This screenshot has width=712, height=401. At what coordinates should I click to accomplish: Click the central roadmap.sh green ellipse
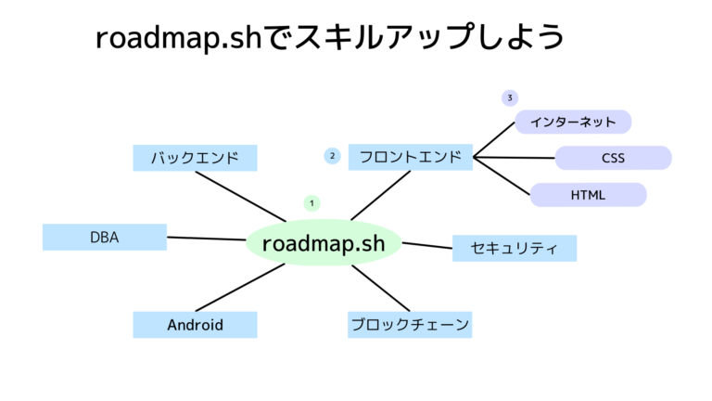[x=324, y=243]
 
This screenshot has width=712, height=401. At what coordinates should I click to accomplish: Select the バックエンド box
[x=195, y=158]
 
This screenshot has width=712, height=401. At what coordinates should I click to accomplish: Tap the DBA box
[x=104, y=237]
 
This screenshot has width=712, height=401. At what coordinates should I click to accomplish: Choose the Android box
[x=195, y=325]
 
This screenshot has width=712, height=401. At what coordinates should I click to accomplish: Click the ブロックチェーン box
[x=410, y=325]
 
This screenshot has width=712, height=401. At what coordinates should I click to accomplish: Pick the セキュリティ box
[x=514, y=248]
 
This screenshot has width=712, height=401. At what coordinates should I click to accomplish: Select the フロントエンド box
[x=411, y=157]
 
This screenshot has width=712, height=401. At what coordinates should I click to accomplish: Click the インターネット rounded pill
[x=573, y=122]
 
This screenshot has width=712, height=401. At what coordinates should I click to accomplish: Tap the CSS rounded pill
[x=613, y=158]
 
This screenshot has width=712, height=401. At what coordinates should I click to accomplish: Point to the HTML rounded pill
[x=588, y=195]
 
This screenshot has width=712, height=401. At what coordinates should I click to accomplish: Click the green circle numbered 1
[x=312, y=202]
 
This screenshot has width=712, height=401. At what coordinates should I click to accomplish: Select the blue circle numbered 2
[x=332, y=156]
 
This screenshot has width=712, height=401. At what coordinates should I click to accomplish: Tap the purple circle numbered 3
[x=509, y=97]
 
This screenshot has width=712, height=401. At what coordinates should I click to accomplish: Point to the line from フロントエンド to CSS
[x=515, y=158]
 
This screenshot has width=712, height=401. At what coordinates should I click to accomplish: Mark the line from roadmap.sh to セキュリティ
[x=426, y=245]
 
